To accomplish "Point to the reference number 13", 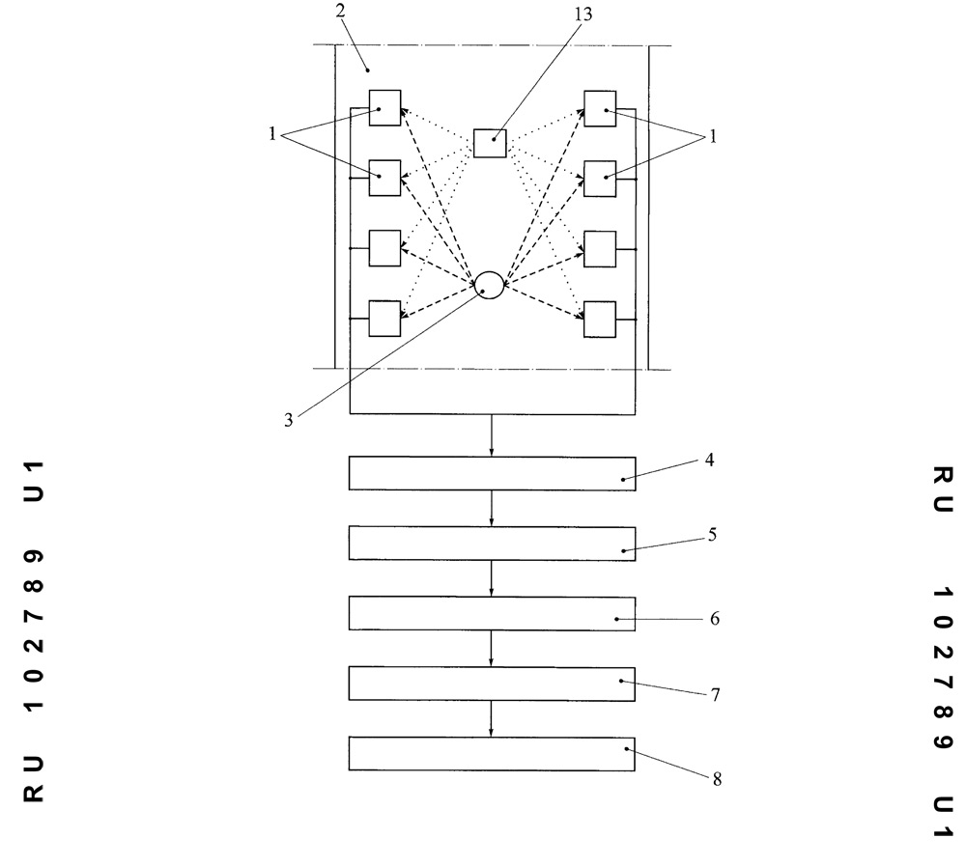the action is click(x=583, y=14).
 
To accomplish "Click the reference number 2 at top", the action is click(x=341, y=11).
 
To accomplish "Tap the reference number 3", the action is click(x=288, y=420).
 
